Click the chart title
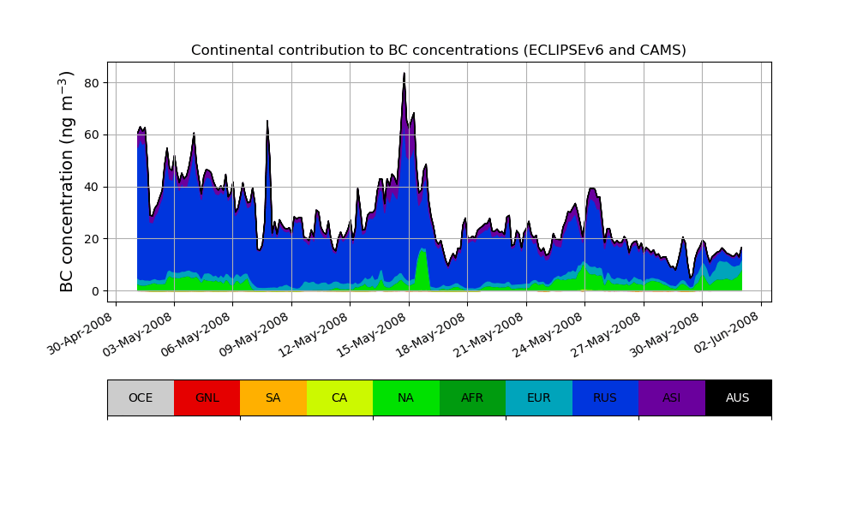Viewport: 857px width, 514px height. click(439, 51)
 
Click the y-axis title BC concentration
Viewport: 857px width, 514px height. click(67, 182)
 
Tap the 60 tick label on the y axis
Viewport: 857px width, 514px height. click(93, 135)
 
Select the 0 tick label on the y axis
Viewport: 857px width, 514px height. click(96, 291)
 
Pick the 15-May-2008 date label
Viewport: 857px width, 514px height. click(375, 333)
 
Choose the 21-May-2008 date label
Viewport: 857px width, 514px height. click(492, 333)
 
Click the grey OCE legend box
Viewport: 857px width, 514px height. click(141, 397)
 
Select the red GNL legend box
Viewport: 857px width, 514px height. click(207, 397)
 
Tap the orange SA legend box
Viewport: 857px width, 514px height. click(273, 397)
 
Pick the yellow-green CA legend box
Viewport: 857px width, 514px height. click(339, 397)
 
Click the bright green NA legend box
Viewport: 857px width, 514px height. click(406, 397)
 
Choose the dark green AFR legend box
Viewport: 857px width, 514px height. click(472, 397)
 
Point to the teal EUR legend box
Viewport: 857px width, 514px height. click(539, 397)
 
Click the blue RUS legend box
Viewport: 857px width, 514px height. click(605, 397)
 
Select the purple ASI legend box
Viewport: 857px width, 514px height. click(672, 397)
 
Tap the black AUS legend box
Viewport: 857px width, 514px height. click(738, 397)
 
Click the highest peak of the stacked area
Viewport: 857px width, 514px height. click(405, 74)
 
